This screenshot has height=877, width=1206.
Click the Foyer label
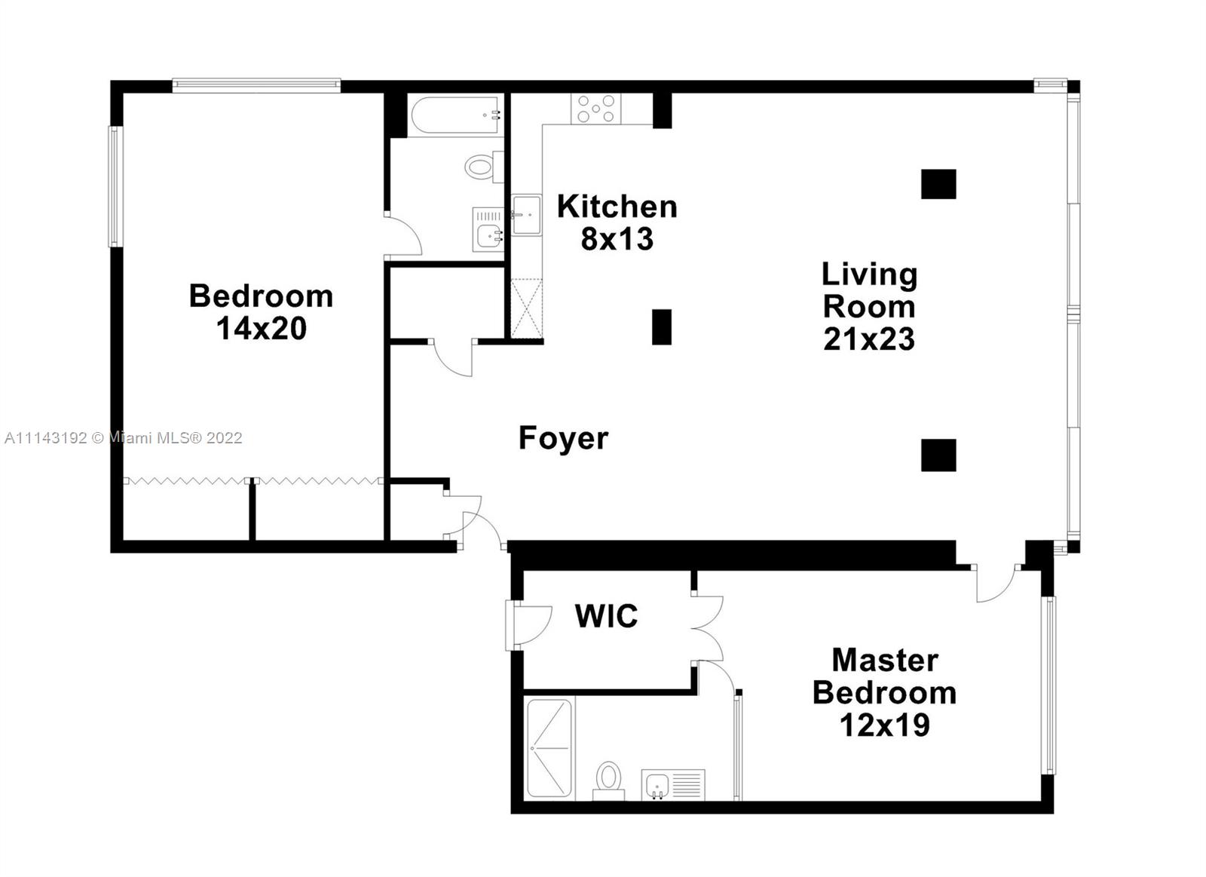[563, 438]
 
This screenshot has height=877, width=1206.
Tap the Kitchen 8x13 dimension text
[617, 238]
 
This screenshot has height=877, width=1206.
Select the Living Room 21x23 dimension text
[869, 339]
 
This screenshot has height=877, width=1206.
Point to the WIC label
[606, 616]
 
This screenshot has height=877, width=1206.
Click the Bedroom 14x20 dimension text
[262, 328]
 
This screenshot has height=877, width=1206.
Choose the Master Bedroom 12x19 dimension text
[885, 725]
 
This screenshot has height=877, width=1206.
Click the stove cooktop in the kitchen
[596, 109]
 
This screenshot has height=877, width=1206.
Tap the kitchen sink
[526, 215]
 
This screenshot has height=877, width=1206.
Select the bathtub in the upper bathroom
[455, 115]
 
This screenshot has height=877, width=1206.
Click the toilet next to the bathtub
[483, 167]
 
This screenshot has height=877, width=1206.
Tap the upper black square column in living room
[938, 184]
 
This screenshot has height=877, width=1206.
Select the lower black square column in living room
[938, 455]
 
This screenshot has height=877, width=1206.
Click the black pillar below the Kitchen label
[662, 327]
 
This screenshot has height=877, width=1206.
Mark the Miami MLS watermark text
[124, 438]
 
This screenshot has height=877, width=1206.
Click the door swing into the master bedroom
[996, 584]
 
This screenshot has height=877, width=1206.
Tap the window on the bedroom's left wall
[115, 186]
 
